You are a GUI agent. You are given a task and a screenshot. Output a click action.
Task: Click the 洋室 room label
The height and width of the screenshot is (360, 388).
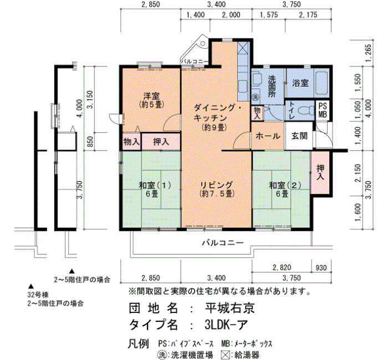point(152,96)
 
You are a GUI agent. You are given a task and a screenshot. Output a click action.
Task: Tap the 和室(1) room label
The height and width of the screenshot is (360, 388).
point(155,185)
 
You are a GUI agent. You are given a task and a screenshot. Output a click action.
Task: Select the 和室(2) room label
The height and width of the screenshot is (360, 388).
point(285,185)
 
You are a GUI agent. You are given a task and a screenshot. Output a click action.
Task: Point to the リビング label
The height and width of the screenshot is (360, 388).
point(217,185)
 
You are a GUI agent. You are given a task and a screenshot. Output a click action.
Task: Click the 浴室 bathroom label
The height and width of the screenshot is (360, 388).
point(300,83)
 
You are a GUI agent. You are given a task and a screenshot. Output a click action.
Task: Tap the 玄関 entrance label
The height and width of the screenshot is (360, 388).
point(299,136)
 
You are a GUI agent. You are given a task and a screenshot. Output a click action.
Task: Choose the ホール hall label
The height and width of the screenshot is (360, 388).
point(268,136)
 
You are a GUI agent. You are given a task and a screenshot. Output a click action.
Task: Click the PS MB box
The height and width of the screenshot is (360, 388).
point(323,110)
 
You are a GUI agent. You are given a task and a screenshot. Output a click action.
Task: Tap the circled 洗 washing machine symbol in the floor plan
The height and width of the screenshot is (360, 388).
point(255,97)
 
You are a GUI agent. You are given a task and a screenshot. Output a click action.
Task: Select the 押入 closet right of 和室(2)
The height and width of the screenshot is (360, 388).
point(320,172)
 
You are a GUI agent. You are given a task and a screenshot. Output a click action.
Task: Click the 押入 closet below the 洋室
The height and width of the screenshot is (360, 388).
point(161,142)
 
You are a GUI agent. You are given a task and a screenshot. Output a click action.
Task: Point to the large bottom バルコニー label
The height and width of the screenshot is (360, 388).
point(223,243)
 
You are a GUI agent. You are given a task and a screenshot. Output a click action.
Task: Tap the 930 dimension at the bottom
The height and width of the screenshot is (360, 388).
point(321,268)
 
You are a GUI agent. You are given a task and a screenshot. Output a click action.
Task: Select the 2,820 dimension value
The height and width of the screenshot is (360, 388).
point(282,268)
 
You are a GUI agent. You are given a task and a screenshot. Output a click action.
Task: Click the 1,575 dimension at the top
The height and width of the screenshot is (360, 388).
point(269,15)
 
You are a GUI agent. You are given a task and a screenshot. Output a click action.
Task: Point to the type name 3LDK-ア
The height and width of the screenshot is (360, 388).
point(226,325)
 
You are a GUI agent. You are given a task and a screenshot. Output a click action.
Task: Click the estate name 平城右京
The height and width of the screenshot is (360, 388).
point(229,308)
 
